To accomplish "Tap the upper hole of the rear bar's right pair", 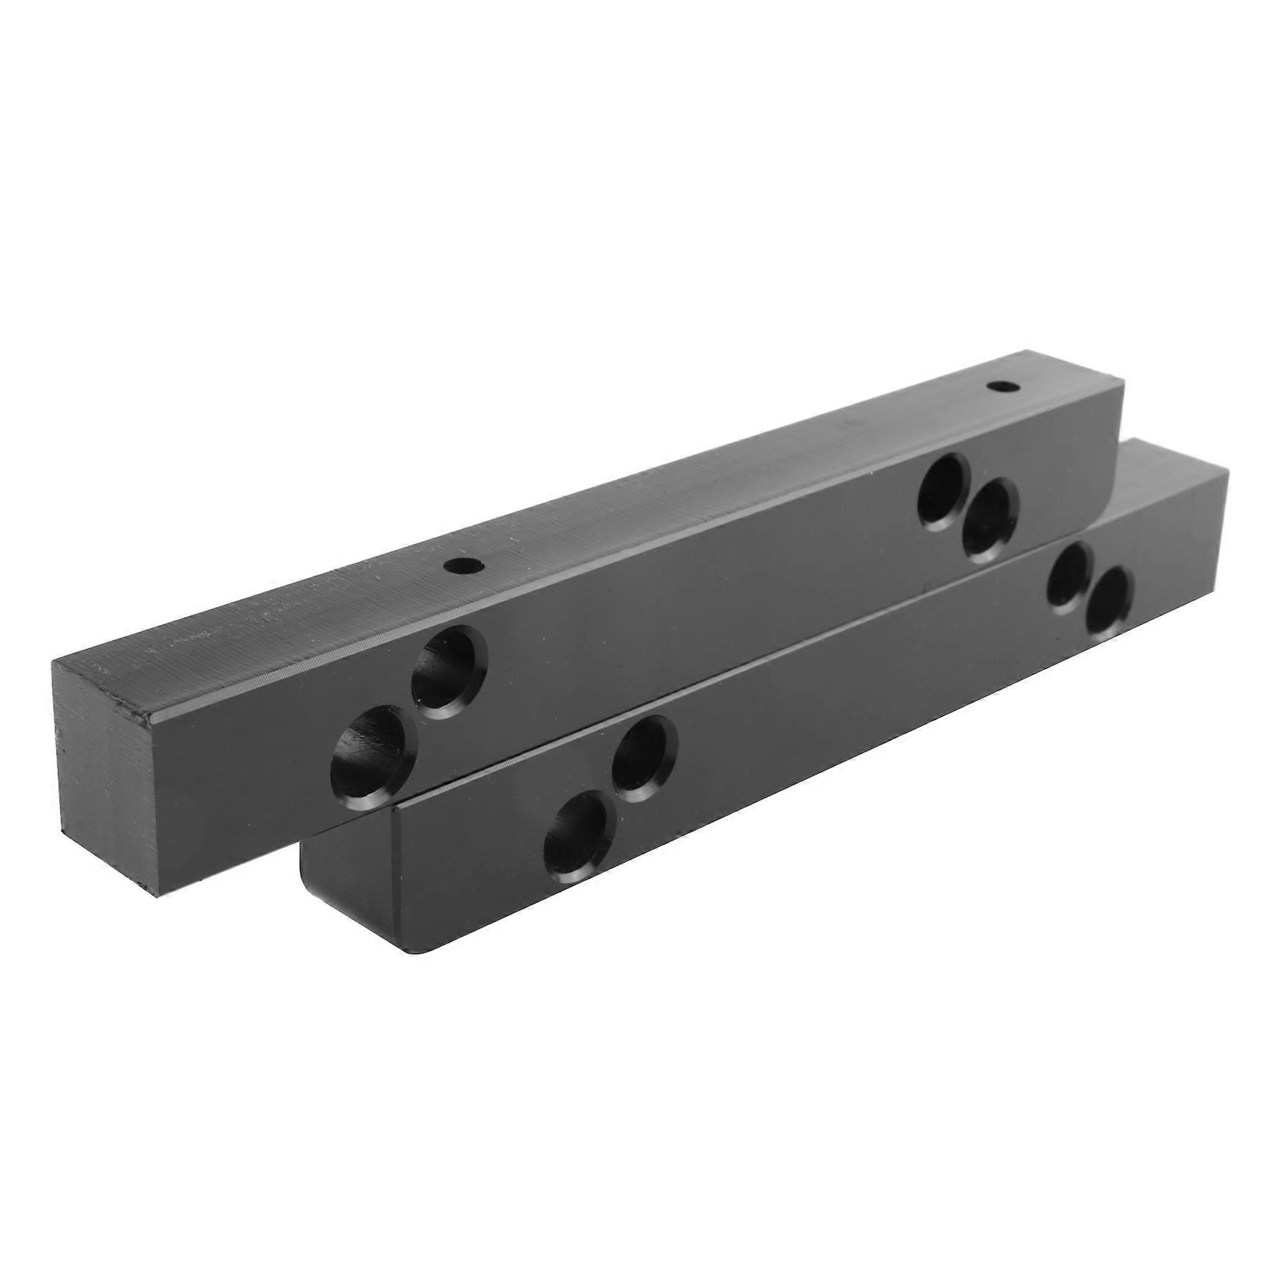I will [x=944, y=491].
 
